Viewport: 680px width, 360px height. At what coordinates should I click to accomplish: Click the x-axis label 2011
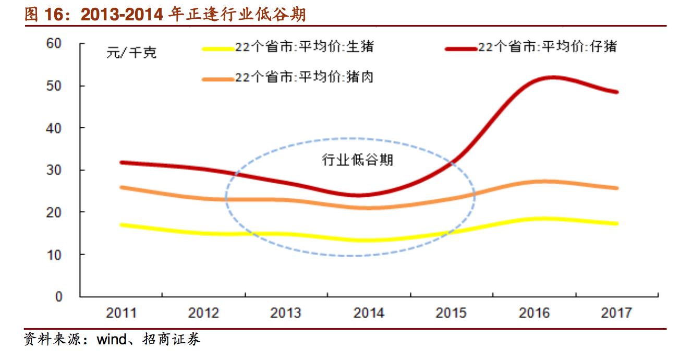point(121,313)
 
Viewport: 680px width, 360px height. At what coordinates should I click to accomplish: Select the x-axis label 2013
point(286,313)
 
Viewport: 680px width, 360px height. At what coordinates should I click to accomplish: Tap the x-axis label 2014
point(369,313)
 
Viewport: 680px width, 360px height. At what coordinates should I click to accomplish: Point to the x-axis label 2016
point(534,313)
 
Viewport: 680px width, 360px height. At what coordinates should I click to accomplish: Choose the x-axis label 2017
point(616,313)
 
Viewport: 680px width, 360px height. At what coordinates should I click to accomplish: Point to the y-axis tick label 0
point(58,297)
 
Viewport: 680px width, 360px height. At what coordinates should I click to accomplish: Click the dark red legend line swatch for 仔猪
point(461,49)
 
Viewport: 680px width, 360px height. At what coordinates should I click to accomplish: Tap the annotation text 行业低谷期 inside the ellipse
point(358,160)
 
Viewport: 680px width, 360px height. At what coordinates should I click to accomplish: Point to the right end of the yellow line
point(617,223)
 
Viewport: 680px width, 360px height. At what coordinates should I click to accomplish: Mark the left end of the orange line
point(121,187)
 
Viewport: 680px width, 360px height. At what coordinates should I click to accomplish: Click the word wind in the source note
point(112,341)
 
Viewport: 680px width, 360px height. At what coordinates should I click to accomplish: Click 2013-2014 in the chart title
point(124,15)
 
